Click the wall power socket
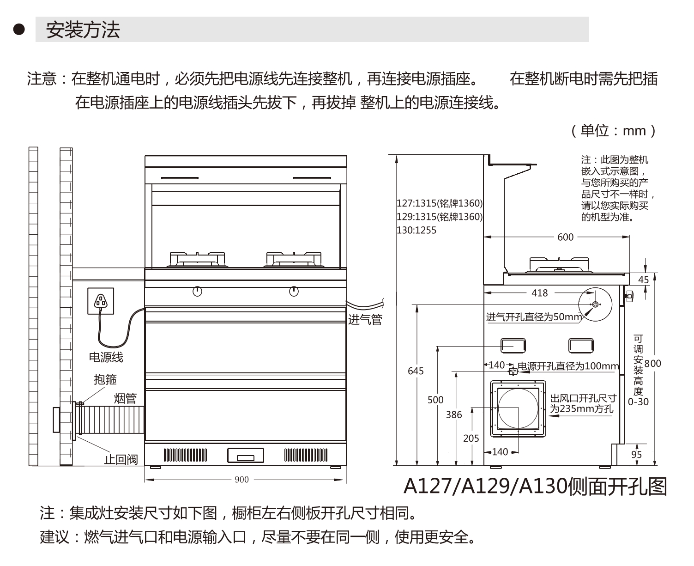coord(101,301)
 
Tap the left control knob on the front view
coord(197,292)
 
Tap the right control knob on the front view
coord(294,292)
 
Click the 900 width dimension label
coord(241,480)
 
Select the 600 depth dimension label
coord(565,237)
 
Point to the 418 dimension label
coord(539,293)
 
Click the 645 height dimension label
coord(416,371)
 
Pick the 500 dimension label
coord(435,400)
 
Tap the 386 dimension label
coord(454,415)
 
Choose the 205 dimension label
coord(471,438)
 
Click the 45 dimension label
coord(643,280)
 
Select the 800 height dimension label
coord(653,363)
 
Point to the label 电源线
coord(106,357)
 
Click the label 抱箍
coord(105,379)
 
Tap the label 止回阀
coord(121,459)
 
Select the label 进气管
coord(365,319)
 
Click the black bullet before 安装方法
coord(18,30)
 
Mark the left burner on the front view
coord(198,260)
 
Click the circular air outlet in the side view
coord(518,408)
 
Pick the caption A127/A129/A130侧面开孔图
coord(536,486)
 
